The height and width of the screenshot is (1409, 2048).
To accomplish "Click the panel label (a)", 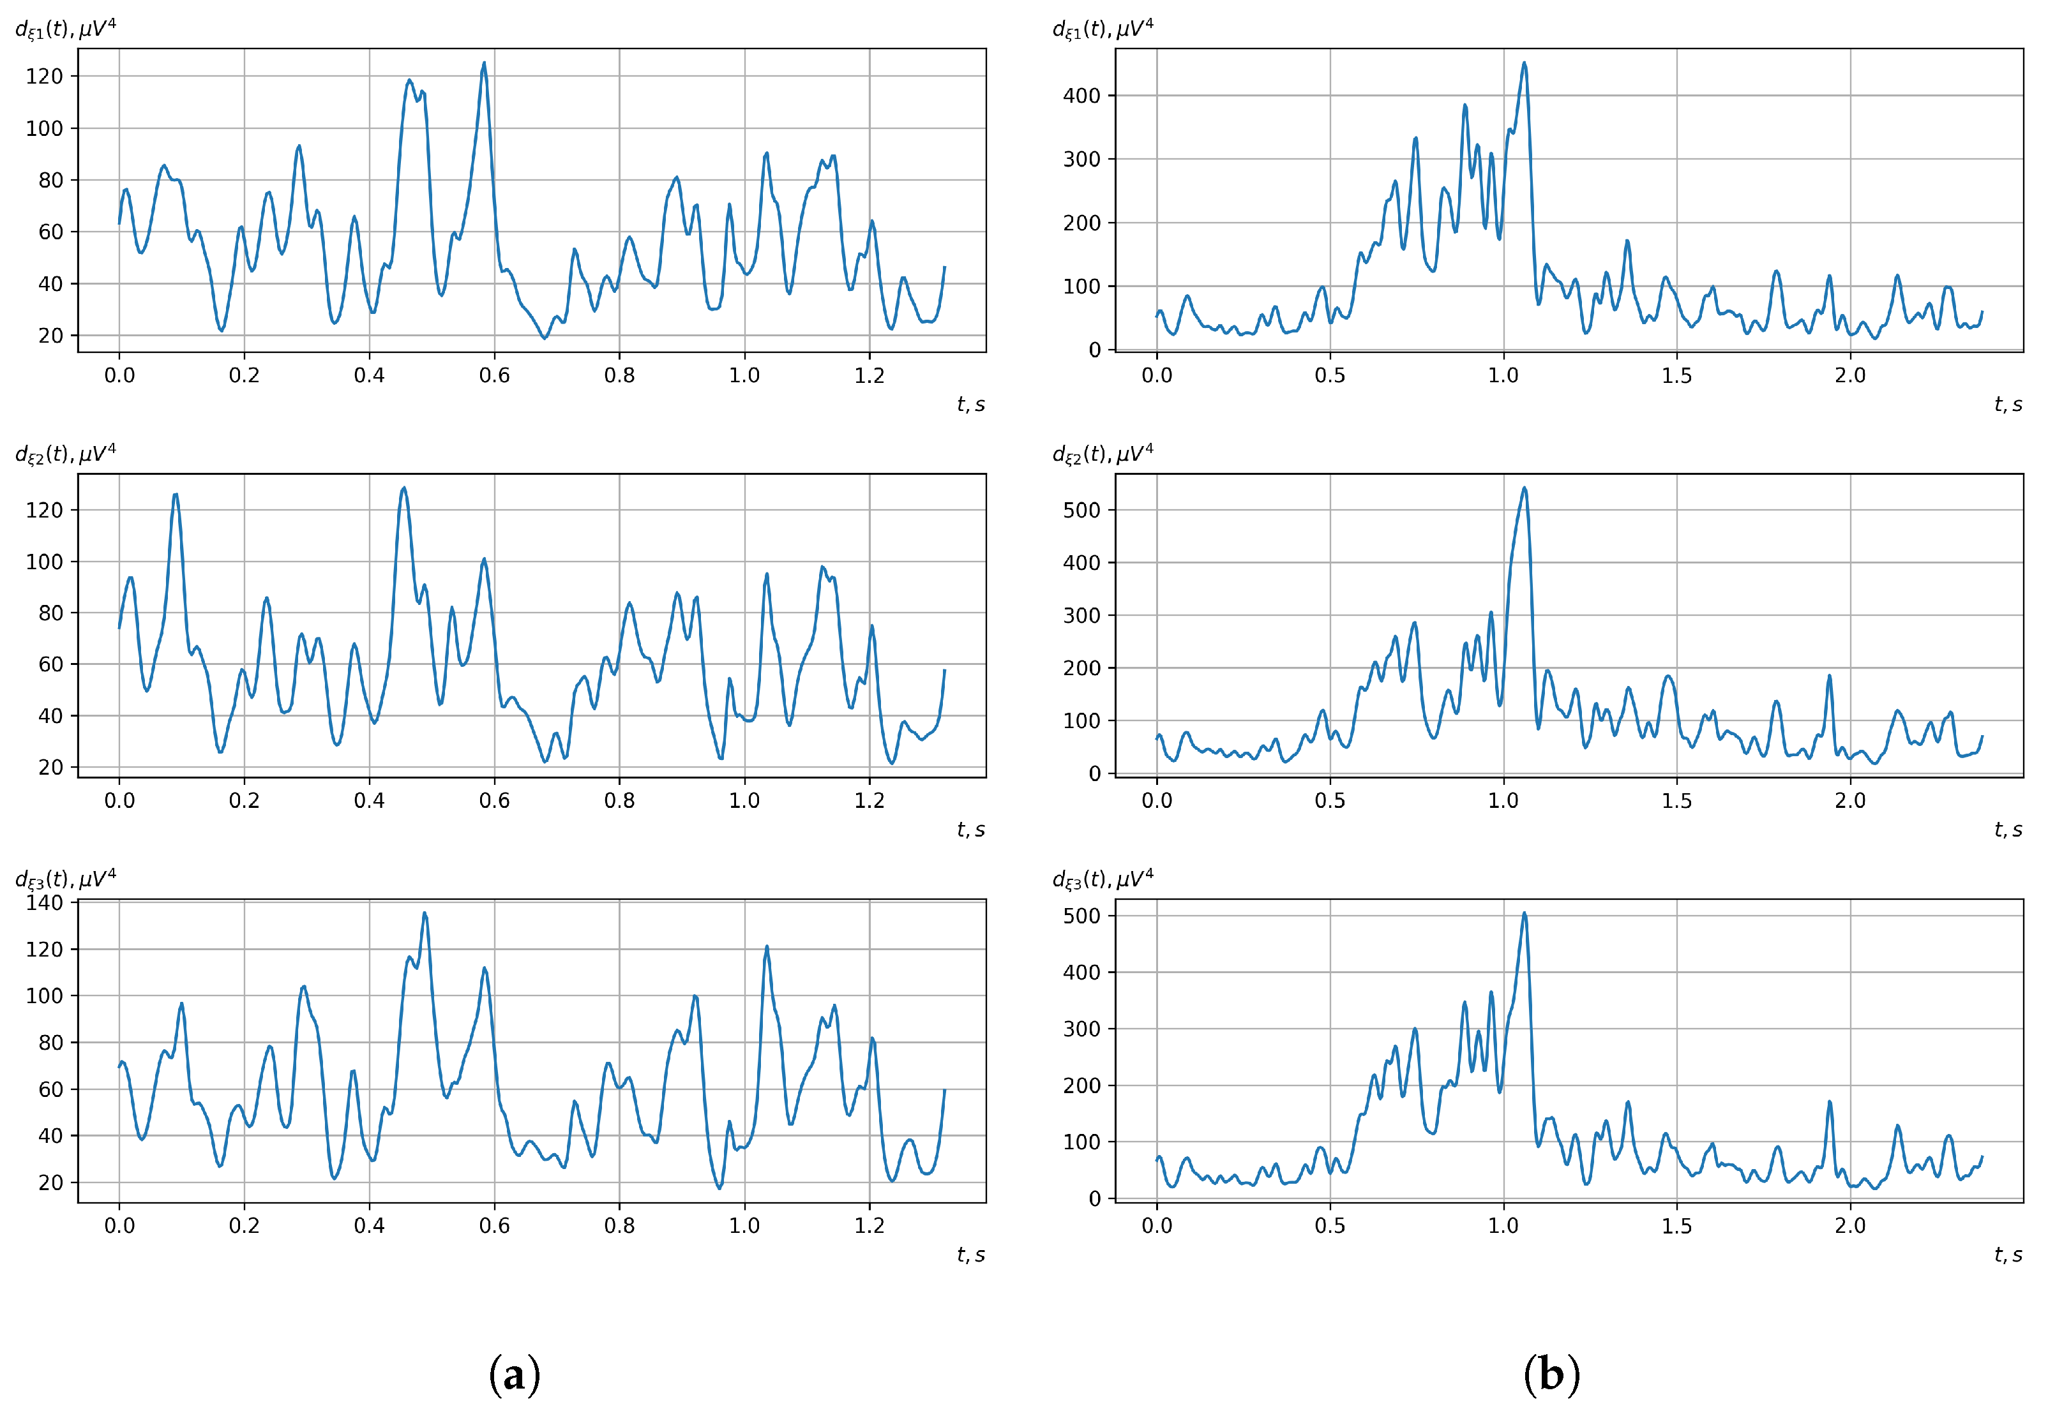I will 514,1375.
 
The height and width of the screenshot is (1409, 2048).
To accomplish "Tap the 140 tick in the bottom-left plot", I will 44,902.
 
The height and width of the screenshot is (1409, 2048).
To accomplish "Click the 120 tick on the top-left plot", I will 44,77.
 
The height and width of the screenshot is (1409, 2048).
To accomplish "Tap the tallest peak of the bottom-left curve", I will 425,914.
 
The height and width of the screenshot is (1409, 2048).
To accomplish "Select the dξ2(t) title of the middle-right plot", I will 1102,454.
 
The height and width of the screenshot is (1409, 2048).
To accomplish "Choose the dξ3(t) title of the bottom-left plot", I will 65,879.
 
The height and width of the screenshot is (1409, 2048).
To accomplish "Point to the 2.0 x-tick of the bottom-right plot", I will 1849,1225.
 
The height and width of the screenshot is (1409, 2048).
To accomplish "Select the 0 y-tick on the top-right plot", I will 1094,350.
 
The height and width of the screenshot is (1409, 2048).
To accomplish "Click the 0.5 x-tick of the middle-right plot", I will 1329,801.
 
